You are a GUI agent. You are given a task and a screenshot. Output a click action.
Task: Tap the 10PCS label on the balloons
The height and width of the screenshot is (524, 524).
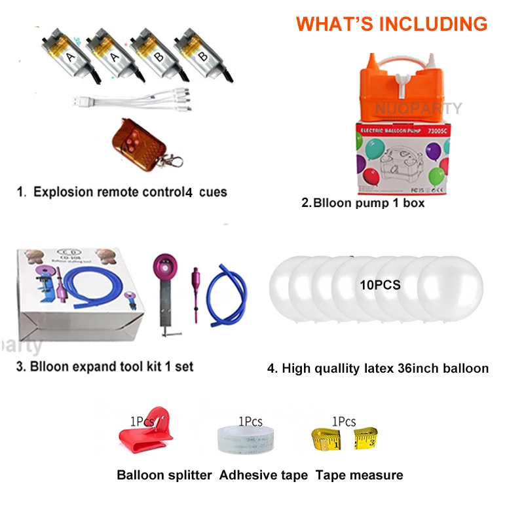pos(380,286)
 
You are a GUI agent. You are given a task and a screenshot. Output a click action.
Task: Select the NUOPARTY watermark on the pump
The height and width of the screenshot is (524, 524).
pos(419,109)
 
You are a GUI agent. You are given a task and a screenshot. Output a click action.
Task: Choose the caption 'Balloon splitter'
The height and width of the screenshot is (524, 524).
pos(164,475)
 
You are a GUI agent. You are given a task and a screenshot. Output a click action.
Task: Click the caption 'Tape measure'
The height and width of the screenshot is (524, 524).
pos(360,475)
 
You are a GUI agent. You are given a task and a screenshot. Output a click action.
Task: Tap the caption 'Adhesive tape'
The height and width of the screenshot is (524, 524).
pos(264,475)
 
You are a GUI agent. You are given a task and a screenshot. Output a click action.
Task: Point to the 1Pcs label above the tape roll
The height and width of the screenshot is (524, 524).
pos(250,422)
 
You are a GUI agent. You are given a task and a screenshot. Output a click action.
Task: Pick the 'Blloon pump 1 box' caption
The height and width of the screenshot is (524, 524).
pos(363,202)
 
